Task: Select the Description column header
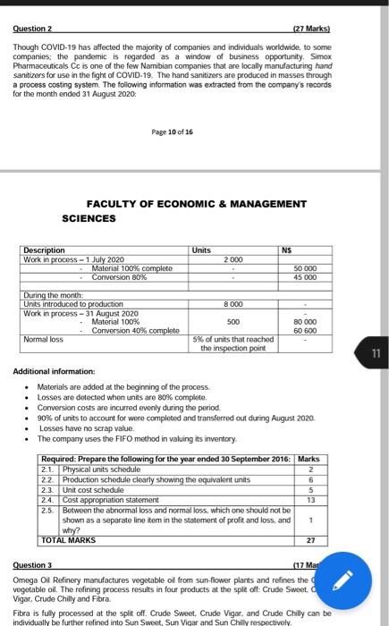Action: (46, 250)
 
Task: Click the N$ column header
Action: (287, 250)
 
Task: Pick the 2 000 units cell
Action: (233, 259)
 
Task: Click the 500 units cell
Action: (233, 322)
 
